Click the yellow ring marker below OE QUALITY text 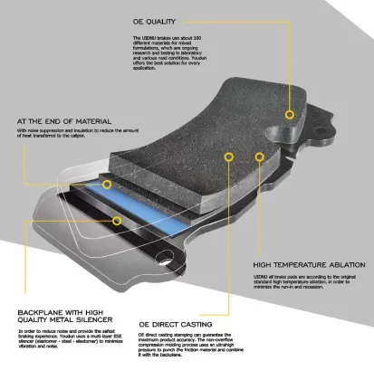pos(289,115)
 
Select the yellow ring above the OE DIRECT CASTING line pos(229,157)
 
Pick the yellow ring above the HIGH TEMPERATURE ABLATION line pos(261,157)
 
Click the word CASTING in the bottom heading pos(197,323)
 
